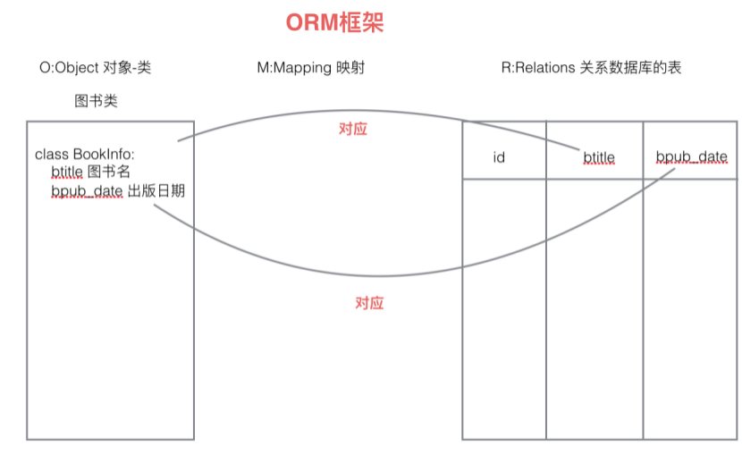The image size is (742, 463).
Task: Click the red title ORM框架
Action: pos(334,23)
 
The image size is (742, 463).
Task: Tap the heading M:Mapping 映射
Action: pos(310,68)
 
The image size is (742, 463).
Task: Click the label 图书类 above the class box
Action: pos(96,101)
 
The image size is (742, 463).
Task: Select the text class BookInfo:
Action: pos(84,155)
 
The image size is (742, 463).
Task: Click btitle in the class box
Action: pos(67,173)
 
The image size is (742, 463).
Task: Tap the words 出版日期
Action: pos(156,190)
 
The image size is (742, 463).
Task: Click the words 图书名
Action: pos(109,173)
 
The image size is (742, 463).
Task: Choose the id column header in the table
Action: pos(500,157)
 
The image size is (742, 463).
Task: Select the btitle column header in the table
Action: pos(599,157)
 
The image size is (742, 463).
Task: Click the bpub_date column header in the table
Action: pos(692,157)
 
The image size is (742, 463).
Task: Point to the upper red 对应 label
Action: pos(353,129)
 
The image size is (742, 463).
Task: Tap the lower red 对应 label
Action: pos(369,303)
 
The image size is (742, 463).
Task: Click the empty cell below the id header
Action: pos(503,308)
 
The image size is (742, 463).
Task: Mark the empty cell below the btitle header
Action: pos(594,308)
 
